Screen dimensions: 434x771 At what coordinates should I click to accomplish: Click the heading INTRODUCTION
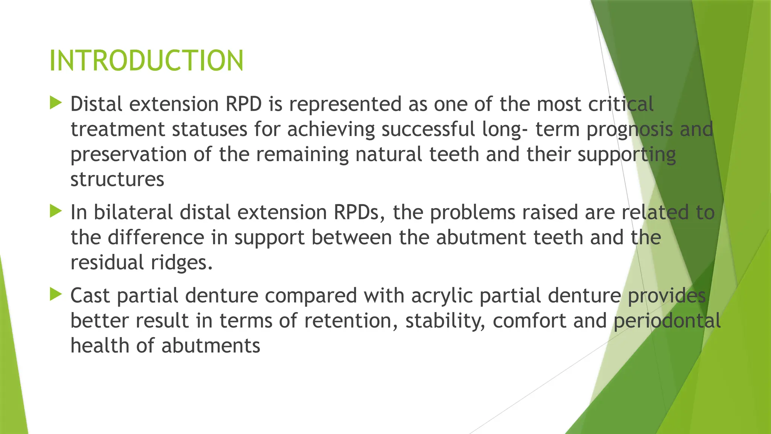146,61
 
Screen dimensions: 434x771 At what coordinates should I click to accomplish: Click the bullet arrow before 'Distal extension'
56,102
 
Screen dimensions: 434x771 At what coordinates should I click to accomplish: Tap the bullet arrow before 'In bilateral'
56,211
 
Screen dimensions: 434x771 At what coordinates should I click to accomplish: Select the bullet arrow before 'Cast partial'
56,294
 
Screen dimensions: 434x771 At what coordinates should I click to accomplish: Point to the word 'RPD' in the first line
244,104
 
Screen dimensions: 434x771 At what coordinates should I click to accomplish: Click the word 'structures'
117,179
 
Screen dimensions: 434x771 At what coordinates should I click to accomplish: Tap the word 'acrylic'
442,296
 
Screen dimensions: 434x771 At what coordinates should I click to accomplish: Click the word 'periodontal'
667,321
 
